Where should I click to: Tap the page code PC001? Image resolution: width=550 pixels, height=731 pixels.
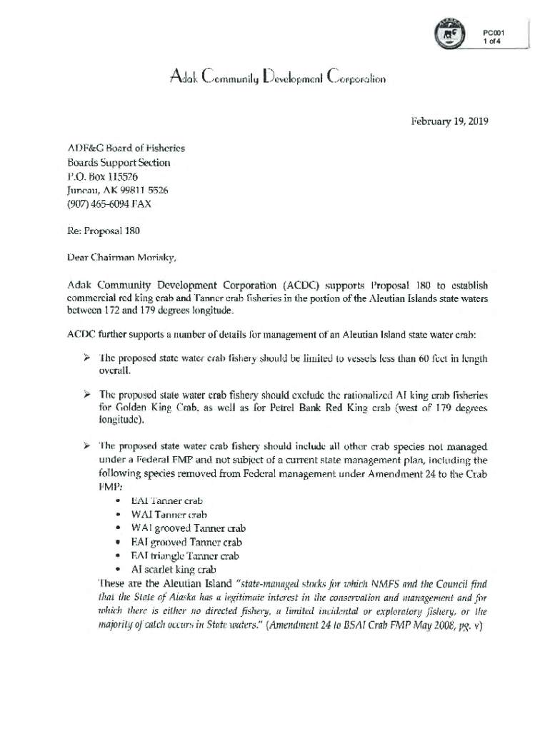494,32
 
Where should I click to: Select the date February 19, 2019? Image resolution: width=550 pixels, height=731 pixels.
450,121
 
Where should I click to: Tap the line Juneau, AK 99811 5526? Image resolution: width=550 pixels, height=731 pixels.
118,190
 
